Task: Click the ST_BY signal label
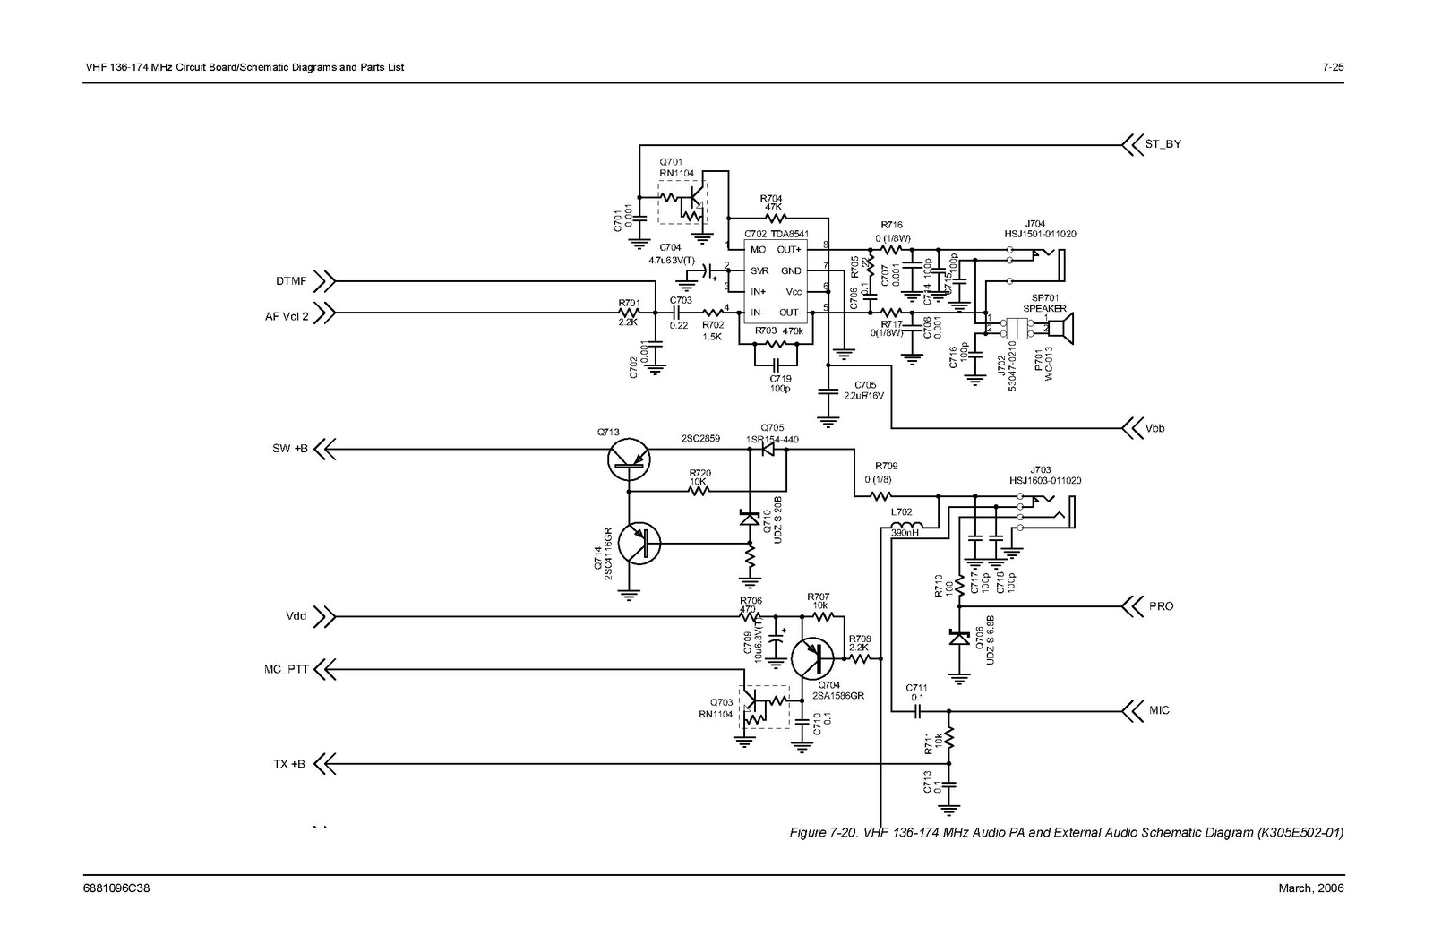pos(1163,143)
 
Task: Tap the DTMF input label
pos(291,281)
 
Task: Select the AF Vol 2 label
pos(287,315)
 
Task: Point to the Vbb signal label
pos(1154,428)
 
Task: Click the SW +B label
pos(290,449)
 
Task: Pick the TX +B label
pos(288,764)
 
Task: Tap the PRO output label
pos(1161,606)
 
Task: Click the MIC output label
pos(1159,710)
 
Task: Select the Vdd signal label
pos(296,616)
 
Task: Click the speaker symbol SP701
pos(1063,329)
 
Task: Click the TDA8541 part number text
pos(789,235)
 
